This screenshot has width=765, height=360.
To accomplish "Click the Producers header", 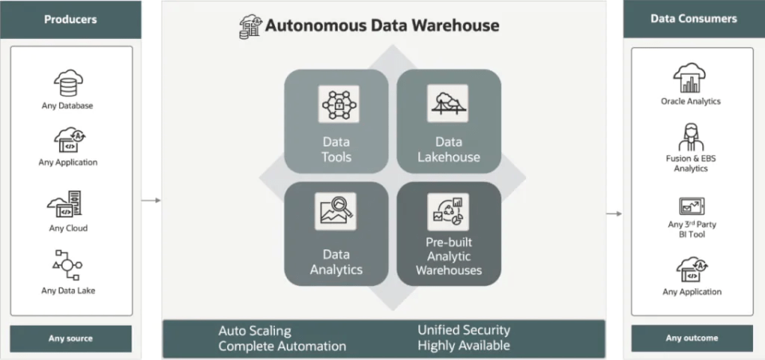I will [71, 19].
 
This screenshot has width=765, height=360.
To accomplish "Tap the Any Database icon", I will [69, 83].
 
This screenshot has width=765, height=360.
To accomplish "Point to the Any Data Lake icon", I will [69, 266].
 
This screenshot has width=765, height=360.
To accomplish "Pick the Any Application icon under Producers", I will [69, 140].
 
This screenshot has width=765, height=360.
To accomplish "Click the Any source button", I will [71, 338].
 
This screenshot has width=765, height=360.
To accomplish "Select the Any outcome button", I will [691, 338].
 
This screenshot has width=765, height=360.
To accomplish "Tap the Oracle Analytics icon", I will [691, 78].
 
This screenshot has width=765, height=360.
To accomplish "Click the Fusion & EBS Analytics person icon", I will [691, 136].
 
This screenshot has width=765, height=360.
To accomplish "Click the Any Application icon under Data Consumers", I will [691, 269].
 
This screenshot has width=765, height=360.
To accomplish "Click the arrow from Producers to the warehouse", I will [151, 200].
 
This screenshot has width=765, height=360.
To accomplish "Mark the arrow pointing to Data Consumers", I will [614, 213].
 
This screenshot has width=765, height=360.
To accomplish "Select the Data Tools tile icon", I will [335, 104].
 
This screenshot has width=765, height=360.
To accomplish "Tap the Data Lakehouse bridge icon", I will [449, 104].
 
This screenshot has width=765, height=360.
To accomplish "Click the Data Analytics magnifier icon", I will [335, 212].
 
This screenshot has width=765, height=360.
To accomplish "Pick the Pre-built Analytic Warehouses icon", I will [449, 212].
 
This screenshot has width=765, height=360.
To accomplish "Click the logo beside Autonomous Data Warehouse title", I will [250, 25].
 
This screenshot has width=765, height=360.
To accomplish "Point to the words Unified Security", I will [463, 330].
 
